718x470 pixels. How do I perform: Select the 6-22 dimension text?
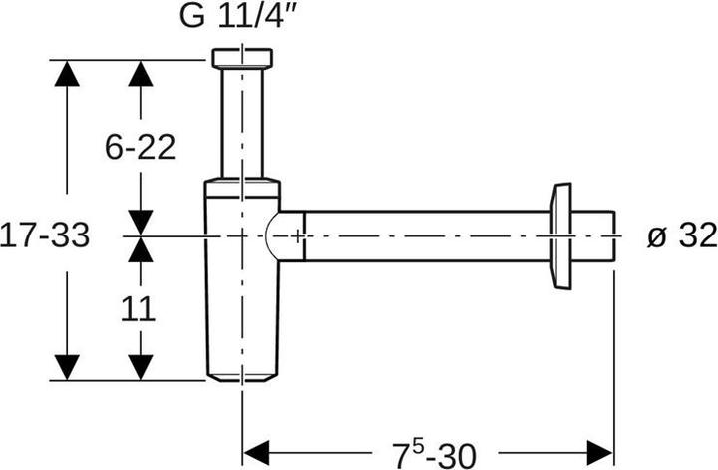coord(141,147)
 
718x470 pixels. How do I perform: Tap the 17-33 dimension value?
coord(45,235)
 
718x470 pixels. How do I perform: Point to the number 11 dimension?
coord(140,308)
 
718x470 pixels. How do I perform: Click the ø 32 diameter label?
coord(681,235)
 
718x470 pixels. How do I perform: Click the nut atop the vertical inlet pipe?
coord(242,57)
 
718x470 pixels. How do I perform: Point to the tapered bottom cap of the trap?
coord(242,377)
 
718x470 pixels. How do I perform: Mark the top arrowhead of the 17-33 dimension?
coord(66,74)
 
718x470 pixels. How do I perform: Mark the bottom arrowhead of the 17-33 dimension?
coord(66,366)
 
